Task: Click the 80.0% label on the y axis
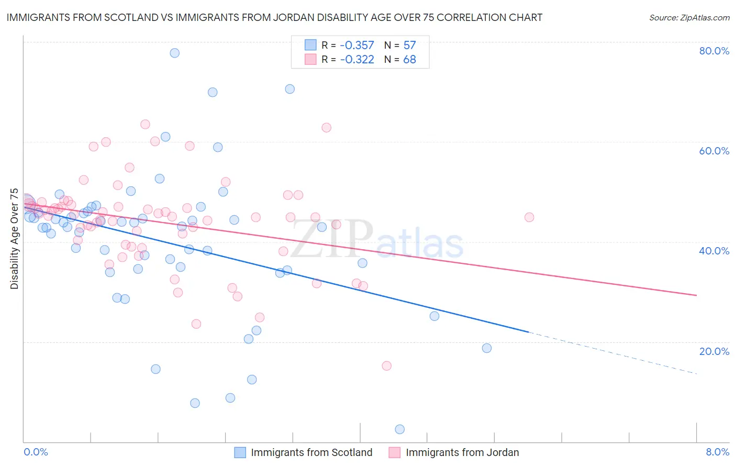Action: (714, 51)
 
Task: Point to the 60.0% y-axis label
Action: (714, 151)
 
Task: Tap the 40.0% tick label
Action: (714, 251)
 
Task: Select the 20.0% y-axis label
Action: (714, 351)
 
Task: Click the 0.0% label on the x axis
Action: (36, 452)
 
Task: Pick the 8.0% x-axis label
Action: (717, 452)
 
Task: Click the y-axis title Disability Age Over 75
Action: (14, 239)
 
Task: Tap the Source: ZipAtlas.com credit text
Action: (689, 17)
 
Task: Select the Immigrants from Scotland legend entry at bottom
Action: (311, 452)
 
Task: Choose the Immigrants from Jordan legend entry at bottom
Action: (462, 452)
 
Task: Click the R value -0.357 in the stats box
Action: (357, 45)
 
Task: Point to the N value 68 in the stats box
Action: (409, 59)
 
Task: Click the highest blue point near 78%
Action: (175, 53)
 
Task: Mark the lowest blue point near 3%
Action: (400, 429)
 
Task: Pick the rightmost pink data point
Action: (529, 217)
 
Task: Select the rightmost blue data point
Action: (487, 348)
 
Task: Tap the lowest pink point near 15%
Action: (387, 366)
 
